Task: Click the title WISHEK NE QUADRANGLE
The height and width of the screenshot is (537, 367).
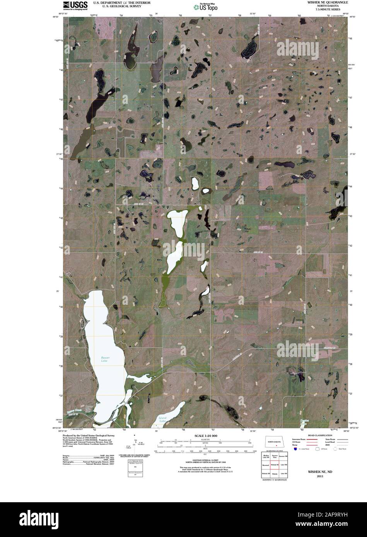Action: [x=328, y=2]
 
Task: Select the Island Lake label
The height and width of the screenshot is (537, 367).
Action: [x=162, y=419]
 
